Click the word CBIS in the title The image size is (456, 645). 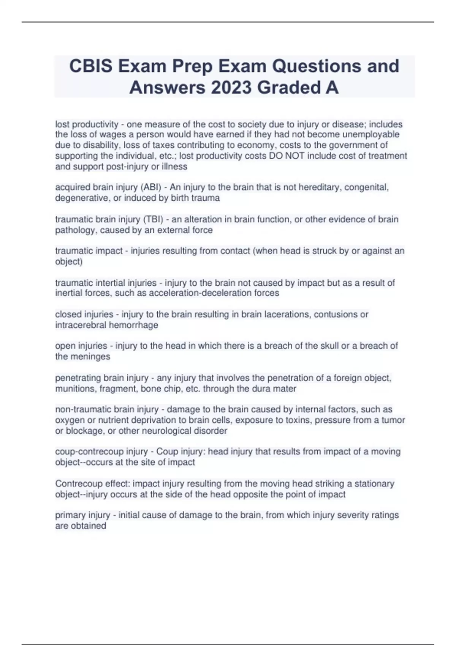coord(91,66)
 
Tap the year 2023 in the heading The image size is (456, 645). coord(231,88)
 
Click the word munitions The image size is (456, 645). coord(75,389)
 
